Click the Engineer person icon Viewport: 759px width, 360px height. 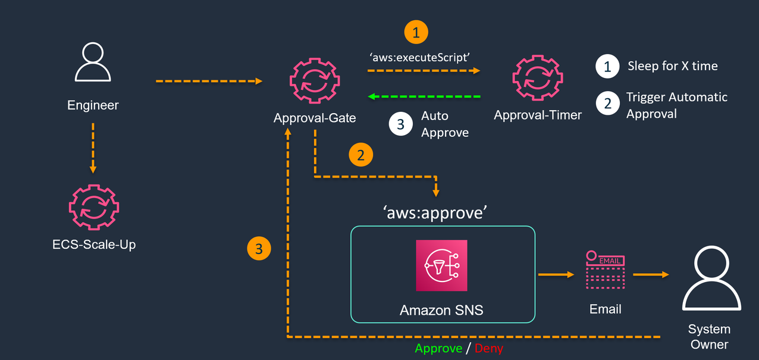[93, 63]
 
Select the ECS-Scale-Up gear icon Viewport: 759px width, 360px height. [93, 207]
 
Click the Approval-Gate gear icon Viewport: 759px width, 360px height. [314, 82]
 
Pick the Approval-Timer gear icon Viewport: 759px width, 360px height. [537, 78]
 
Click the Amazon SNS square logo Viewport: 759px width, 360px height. [441, 265]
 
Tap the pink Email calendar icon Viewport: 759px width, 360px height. [604, 270]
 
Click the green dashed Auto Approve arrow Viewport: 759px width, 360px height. [425, 96]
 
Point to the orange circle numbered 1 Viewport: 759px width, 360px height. [416, 32]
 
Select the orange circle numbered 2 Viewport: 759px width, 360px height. [360, 155]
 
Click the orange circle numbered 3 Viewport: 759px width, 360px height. [259, 249]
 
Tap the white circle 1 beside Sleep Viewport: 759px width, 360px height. [607, 67]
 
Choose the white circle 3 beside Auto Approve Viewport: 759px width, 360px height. [400, 124]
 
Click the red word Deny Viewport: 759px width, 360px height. [488, 349]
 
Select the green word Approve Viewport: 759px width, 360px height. [438, 349]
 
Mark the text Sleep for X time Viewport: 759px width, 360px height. [672, 66]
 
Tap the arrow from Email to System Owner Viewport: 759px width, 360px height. [650, 274]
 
